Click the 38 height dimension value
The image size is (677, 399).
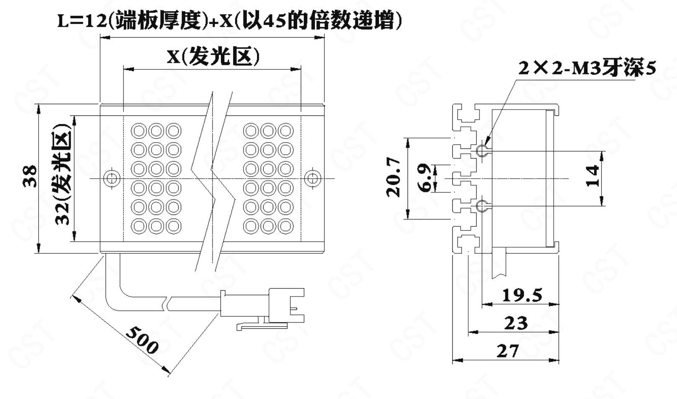(30, 176)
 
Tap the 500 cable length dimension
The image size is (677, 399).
(142, 339)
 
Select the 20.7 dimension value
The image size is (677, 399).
(393, 178)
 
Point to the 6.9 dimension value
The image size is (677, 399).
(425, 178)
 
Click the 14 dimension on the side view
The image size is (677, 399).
(592, 176)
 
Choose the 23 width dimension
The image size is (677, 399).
(516, 323)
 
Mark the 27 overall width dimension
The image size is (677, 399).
(508, 351)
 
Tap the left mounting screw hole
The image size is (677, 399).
(111, 179)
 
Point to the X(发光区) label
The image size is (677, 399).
(213, 57)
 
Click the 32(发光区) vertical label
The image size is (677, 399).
(63, 174)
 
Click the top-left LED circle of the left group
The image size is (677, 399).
(138, 131)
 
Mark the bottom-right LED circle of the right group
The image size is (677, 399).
(286, 226)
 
